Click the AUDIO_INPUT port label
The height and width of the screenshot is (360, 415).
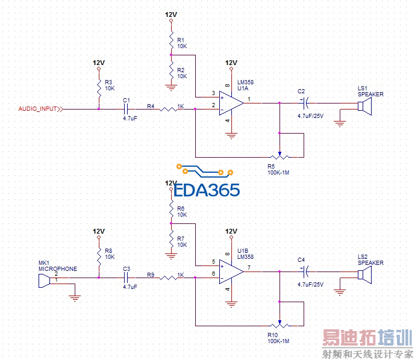37,109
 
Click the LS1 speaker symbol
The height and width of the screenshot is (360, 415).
364,107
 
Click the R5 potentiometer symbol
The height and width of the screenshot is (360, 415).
279,155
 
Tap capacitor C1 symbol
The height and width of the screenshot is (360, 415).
126,109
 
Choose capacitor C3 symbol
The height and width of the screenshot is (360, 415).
126,278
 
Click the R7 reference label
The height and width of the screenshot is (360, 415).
181,238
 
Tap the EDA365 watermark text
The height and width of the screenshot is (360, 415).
207,190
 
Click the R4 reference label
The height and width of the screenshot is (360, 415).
151,107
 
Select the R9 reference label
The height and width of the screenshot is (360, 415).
151,275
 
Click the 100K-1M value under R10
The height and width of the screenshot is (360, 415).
279,341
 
